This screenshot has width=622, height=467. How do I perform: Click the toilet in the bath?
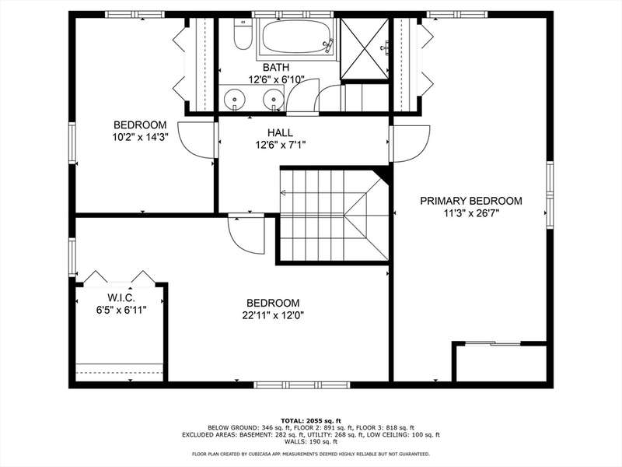(x=243, y=34)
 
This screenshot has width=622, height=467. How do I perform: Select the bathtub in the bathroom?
(x=298, y=37)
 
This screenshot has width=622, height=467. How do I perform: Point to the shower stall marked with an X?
(x=365, y=48)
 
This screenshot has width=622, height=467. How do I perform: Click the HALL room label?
(x=280, y=132)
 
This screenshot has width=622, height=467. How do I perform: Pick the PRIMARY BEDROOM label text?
(x=471, y=201)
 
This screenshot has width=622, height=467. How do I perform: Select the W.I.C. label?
(x=121, y=297)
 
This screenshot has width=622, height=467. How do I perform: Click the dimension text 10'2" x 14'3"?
(x=140, y=138)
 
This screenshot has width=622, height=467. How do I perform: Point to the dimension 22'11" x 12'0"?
(x=273, y=316)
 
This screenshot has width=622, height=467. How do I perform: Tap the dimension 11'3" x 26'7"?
(x=471, y=213)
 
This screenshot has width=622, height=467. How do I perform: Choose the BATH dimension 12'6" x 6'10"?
(x=276, y=79)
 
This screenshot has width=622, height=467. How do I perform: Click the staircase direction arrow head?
(x=283, y=193)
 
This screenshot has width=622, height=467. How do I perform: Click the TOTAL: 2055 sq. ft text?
(x=311, y=420)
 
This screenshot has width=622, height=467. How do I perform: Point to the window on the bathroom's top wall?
(x=293, y=15)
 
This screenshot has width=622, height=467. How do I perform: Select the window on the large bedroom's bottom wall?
(x=302, y=384)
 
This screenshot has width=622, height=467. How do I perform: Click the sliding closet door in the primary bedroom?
(x=492, y=343)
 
